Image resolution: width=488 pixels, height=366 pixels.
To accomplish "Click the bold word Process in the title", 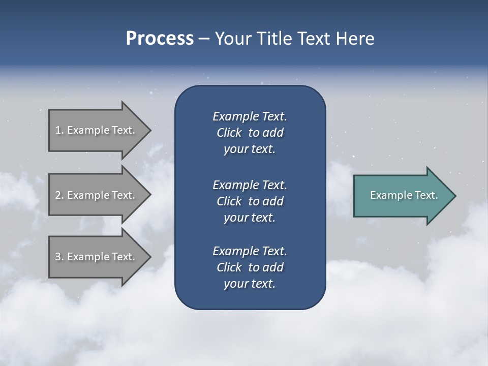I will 160,39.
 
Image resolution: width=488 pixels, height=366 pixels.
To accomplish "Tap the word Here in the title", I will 354,39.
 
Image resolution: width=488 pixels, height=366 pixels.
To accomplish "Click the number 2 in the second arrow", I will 57,195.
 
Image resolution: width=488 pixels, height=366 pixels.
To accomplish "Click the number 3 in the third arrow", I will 57,257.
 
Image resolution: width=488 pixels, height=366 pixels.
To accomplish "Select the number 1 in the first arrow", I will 57,130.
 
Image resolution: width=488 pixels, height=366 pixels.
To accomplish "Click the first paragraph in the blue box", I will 250,133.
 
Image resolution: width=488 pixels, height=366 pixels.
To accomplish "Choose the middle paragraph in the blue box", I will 250,201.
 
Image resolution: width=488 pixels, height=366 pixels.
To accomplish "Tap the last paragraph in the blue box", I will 250,267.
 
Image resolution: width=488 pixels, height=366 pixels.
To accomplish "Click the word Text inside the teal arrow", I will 426,195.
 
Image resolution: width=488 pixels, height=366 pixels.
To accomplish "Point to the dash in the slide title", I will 204,39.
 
